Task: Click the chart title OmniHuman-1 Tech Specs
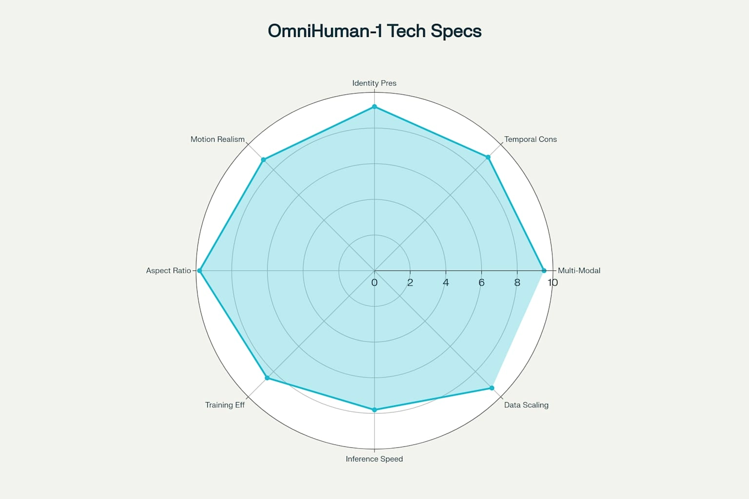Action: [x=374, y=31]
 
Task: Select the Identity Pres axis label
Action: [x=374, y=83]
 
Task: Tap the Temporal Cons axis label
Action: [x=531, y=139]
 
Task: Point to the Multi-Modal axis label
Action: [x=579, y=270]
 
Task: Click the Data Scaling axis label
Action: [x=526, y=405]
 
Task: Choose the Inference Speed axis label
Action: [x=374, y=459]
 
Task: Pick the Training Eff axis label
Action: [x=225, y=405]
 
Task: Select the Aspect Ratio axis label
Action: [x=169, y=270]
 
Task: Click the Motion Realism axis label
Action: [x=217, y=139]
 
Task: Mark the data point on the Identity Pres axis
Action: [x=374, y=106]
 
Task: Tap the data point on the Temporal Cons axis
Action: [x=488, y=157]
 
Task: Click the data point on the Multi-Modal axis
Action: [x=544, y=270]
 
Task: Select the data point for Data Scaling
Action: [x=492, y=388]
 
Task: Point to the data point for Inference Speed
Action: [x=374, y=410]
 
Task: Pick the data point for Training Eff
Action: [x=267, y=378]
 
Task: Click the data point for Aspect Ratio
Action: [x=200, y=270]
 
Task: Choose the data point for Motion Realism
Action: [x=263, y=160]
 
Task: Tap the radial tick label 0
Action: [x=374, y=283]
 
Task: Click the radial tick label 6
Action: [x=481, y=283]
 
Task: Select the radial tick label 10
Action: [x=552, y=283]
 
